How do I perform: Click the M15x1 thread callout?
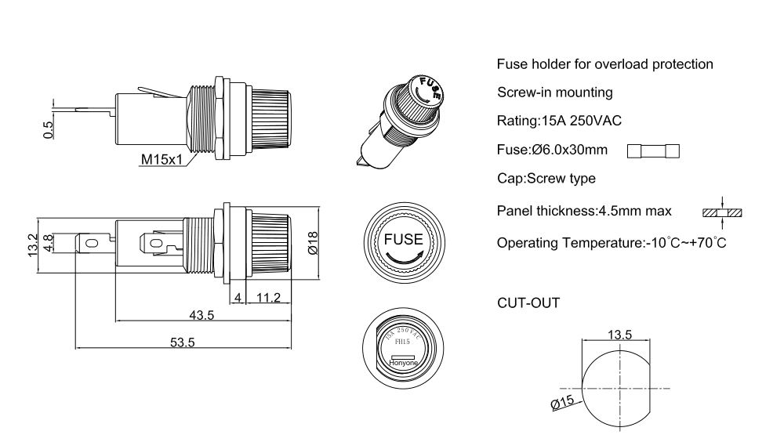[x=162, y=160]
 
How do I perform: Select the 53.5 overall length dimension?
[x=182, y=342]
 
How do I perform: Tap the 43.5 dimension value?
[x=201, y=315]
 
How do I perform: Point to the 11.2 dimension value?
[x=268, y=298]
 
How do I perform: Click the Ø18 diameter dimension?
[x=313, y=243]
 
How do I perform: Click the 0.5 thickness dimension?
[x=49, y=130]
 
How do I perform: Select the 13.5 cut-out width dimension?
[x=620, y=335]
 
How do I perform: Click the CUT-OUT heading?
[x=528, y=303]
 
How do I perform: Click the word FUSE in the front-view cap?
[x=403, y=240]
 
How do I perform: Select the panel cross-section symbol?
[x=721, y=212]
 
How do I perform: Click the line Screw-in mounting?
[x=555, y=92]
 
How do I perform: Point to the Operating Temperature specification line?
[x=612, y=242]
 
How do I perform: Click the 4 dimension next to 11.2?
[x=238, y=298]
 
